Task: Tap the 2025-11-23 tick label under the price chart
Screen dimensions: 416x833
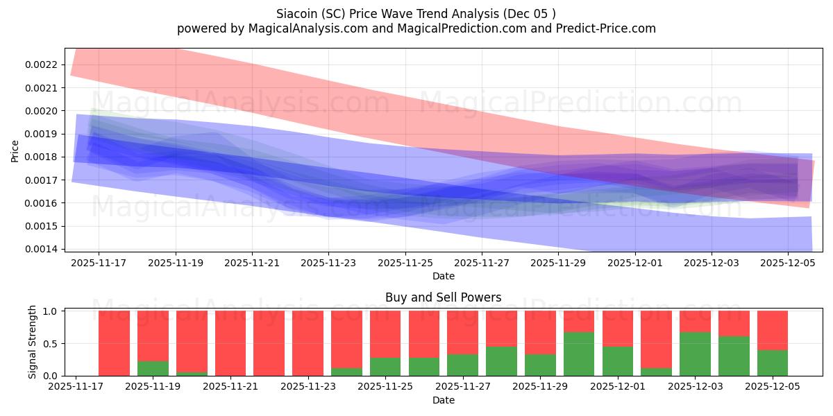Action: click(x=328, y=263)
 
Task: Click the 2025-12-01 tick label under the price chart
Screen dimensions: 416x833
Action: click(x=635, y=263)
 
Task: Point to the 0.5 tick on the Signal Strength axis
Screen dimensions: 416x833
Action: click(x=54, y=344)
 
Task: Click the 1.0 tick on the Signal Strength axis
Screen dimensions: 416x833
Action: click(x=54, y=311)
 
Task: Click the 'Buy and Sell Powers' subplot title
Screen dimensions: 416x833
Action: click(x=444, y=298)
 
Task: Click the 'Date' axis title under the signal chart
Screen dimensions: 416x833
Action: click(x=444, y=400)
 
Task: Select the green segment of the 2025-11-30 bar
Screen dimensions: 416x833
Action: click(x=578, y=354)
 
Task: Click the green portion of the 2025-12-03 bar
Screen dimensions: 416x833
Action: click(x=695, y=354)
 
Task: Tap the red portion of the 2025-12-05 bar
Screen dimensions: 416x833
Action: click(x=772, y=330)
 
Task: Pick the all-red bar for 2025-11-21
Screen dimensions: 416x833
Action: click(x=230, y=343)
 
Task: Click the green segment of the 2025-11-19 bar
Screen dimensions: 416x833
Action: click(x=153, y=368)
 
